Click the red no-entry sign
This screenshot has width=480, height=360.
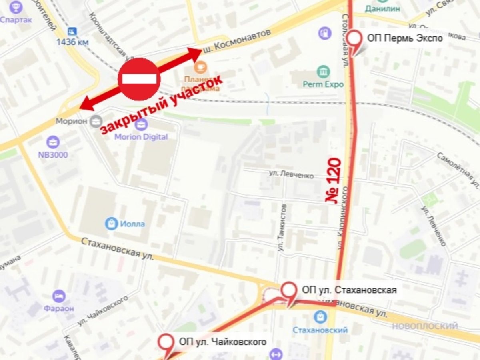coord(139,79)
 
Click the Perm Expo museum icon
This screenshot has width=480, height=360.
coord(323,72)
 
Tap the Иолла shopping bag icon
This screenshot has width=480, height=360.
coord(111,224)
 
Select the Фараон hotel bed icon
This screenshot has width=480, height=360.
coord(59,296)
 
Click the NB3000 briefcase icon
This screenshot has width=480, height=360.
coord(52,142)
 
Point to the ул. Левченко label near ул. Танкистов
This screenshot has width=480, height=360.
coord(291,174)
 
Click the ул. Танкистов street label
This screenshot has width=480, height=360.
coord(282,227)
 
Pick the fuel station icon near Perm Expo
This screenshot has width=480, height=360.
coord(325,32)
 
